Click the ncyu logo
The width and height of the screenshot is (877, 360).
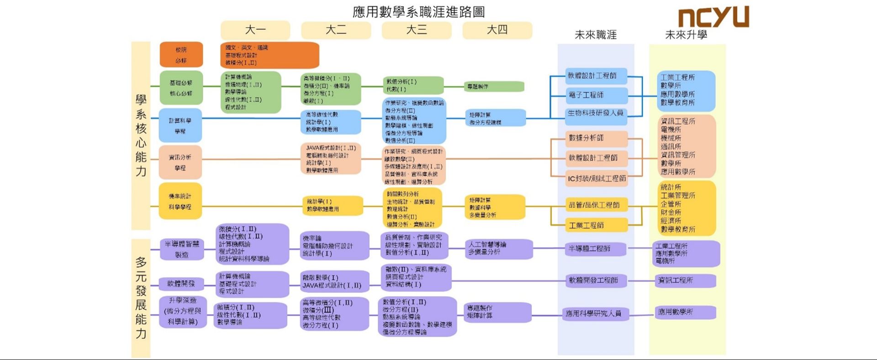click(x=713, y=17)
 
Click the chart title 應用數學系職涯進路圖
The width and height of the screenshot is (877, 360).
click(x=418, y=12)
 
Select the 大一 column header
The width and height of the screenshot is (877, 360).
click(x=255, y=30)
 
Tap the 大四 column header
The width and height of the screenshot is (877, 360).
click(x=497, y=30)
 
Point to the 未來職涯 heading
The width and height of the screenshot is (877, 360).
click(x=595, y=35)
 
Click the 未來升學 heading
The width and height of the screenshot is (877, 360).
click(x=686, y=35)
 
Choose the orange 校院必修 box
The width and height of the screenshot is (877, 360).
click(x=181, y=55)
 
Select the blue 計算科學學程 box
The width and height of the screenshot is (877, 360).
click(x=180, y=126)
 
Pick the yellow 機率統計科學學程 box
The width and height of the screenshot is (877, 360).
click(x=180, y=201)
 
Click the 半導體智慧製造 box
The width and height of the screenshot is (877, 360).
click(x=182, y=249)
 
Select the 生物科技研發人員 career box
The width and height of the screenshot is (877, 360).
click(x=595, y=113)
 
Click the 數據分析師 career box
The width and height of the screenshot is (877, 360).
click(x=595, y=138)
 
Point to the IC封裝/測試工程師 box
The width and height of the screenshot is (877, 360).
click(x=597, y=178)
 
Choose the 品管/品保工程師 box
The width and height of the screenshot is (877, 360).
click(x=595, y=205)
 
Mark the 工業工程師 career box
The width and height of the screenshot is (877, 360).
click(x=595, y=225)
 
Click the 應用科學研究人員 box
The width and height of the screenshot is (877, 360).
click(x=593, y=313)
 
